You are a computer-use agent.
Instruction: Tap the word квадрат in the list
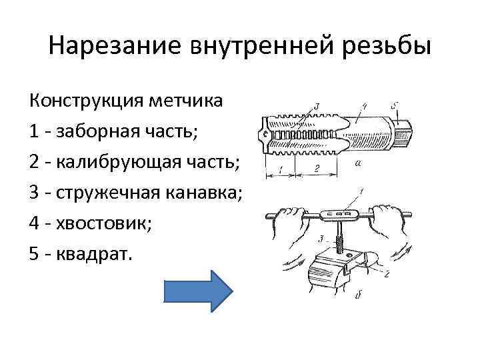[99, 253]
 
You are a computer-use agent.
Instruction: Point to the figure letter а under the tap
[361, 162]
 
